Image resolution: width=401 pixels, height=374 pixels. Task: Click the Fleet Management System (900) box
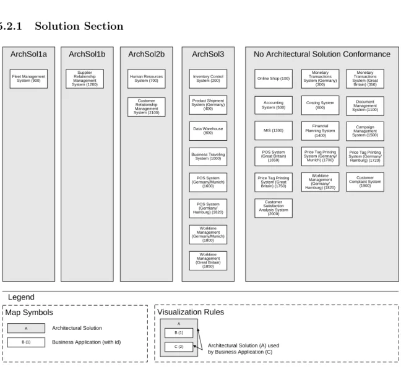(28, 79)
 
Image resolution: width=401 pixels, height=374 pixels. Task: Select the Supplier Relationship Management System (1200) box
(85, 79)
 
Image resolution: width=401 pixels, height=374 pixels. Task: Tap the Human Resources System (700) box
(146, 79)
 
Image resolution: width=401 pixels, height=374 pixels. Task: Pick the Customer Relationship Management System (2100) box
(146, 107)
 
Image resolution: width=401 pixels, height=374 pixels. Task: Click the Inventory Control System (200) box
(208, 79)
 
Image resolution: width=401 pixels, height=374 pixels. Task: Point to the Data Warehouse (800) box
(208, 131)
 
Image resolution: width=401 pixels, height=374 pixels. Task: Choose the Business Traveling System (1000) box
(208, 157)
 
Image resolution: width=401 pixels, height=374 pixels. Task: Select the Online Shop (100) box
(274, 79)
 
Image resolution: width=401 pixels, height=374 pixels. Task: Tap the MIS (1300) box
(274, 130)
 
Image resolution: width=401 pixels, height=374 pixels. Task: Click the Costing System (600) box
(320, 105)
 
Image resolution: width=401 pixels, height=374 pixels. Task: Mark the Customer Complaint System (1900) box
(365, 182)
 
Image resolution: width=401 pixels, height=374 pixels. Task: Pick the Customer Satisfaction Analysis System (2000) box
(274, 208)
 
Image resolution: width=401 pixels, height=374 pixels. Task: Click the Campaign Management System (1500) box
(365, 131)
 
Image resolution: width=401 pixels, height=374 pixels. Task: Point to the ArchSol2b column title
(146, 55)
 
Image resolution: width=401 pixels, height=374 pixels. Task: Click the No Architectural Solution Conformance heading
(322, 55)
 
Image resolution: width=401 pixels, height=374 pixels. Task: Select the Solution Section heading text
(79, 26)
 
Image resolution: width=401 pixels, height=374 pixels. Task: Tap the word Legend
(21, 297)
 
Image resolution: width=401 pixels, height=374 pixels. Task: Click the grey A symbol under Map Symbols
(26, 328)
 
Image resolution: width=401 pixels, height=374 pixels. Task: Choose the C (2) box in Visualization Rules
(179, 347)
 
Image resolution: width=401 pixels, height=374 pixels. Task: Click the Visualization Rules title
(191, 312)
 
